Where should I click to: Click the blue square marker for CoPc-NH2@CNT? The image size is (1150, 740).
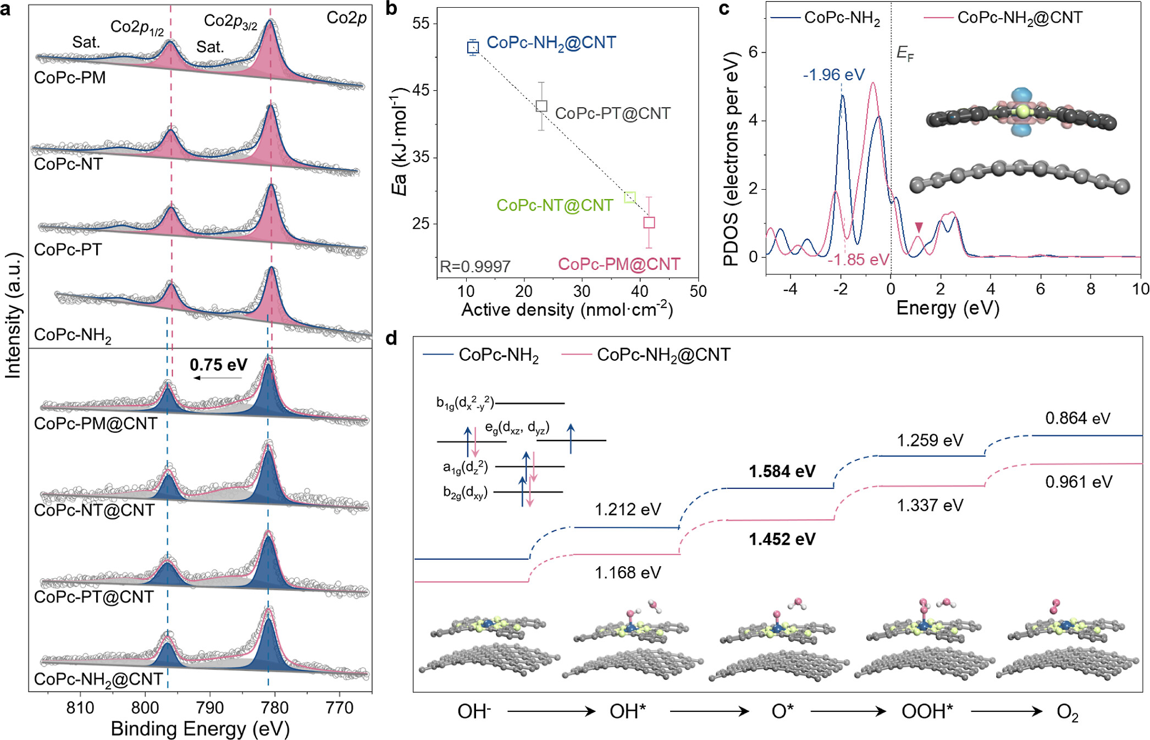tap(473, 48)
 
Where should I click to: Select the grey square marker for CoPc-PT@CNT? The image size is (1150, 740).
tap(541, 106)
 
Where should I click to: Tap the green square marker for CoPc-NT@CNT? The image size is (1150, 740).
tap(630, 197)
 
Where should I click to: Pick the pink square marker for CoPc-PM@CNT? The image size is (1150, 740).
tap(649, 223)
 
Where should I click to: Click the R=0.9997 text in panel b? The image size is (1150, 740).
tap(475, 267)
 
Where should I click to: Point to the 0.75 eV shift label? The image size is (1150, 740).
tap(218, 365)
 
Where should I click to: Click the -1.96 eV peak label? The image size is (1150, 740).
tap(833, 75)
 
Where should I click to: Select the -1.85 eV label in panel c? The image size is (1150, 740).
tap(858, 259)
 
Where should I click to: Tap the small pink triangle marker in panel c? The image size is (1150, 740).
tap(919, 227)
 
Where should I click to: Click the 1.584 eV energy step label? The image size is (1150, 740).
tap(782, 472)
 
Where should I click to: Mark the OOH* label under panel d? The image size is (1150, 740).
tap(927, 711)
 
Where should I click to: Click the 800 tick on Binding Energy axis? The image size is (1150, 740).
tap(145, 708)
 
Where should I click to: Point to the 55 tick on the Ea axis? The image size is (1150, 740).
tap(421, 24)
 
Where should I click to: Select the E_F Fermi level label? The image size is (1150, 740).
tap(905, 53)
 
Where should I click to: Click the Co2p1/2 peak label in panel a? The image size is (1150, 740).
tap(137, 27)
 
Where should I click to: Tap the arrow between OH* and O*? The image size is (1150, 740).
tap(709, 711)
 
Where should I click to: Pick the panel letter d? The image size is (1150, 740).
tap(391, 338)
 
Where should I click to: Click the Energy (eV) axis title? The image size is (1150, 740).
tap(947, 308)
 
